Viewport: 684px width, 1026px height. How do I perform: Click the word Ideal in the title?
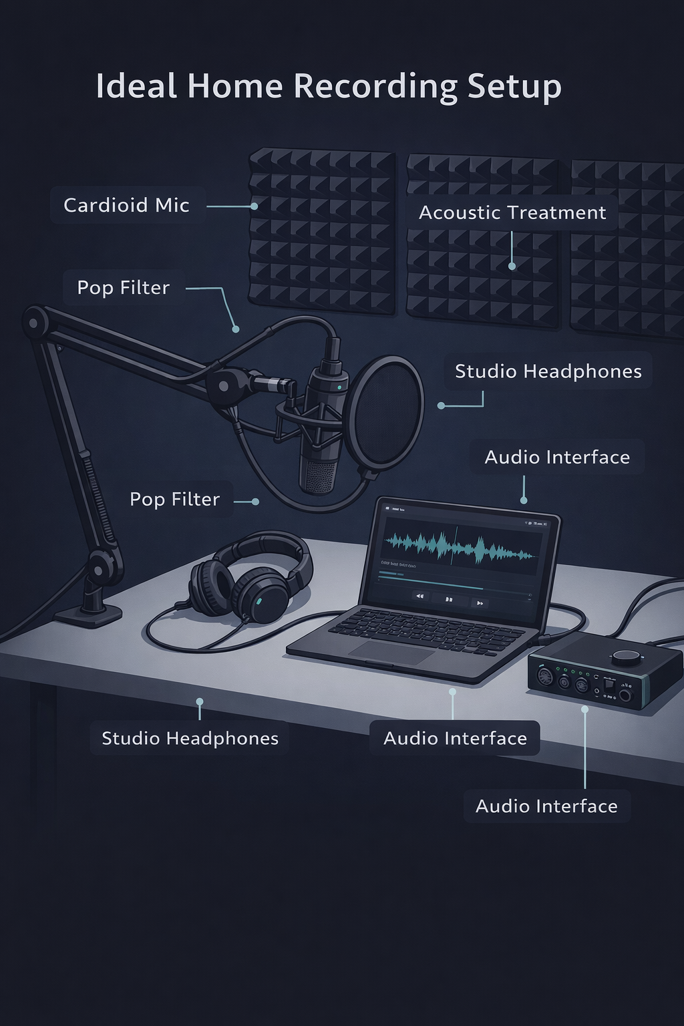click(136, 87)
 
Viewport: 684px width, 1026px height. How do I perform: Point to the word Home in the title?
click(234, 87)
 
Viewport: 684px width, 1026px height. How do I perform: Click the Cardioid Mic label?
click(127, 205)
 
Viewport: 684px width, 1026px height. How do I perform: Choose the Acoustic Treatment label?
click(512, 212)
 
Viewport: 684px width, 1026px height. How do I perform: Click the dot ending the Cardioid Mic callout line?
click(254, 206)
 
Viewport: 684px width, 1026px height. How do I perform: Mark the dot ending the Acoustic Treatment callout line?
click(512, 266)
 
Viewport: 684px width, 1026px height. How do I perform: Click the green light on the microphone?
click(339, 387)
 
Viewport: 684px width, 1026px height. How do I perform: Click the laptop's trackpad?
click(393, 651)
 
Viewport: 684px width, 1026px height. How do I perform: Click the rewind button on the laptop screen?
click(419, 596)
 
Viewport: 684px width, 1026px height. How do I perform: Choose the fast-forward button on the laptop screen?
click(479, 603)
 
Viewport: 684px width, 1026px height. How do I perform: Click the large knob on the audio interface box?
click(627, 657)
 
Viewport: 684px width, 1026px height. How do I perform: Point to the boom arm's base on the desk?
click(88, 613)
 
